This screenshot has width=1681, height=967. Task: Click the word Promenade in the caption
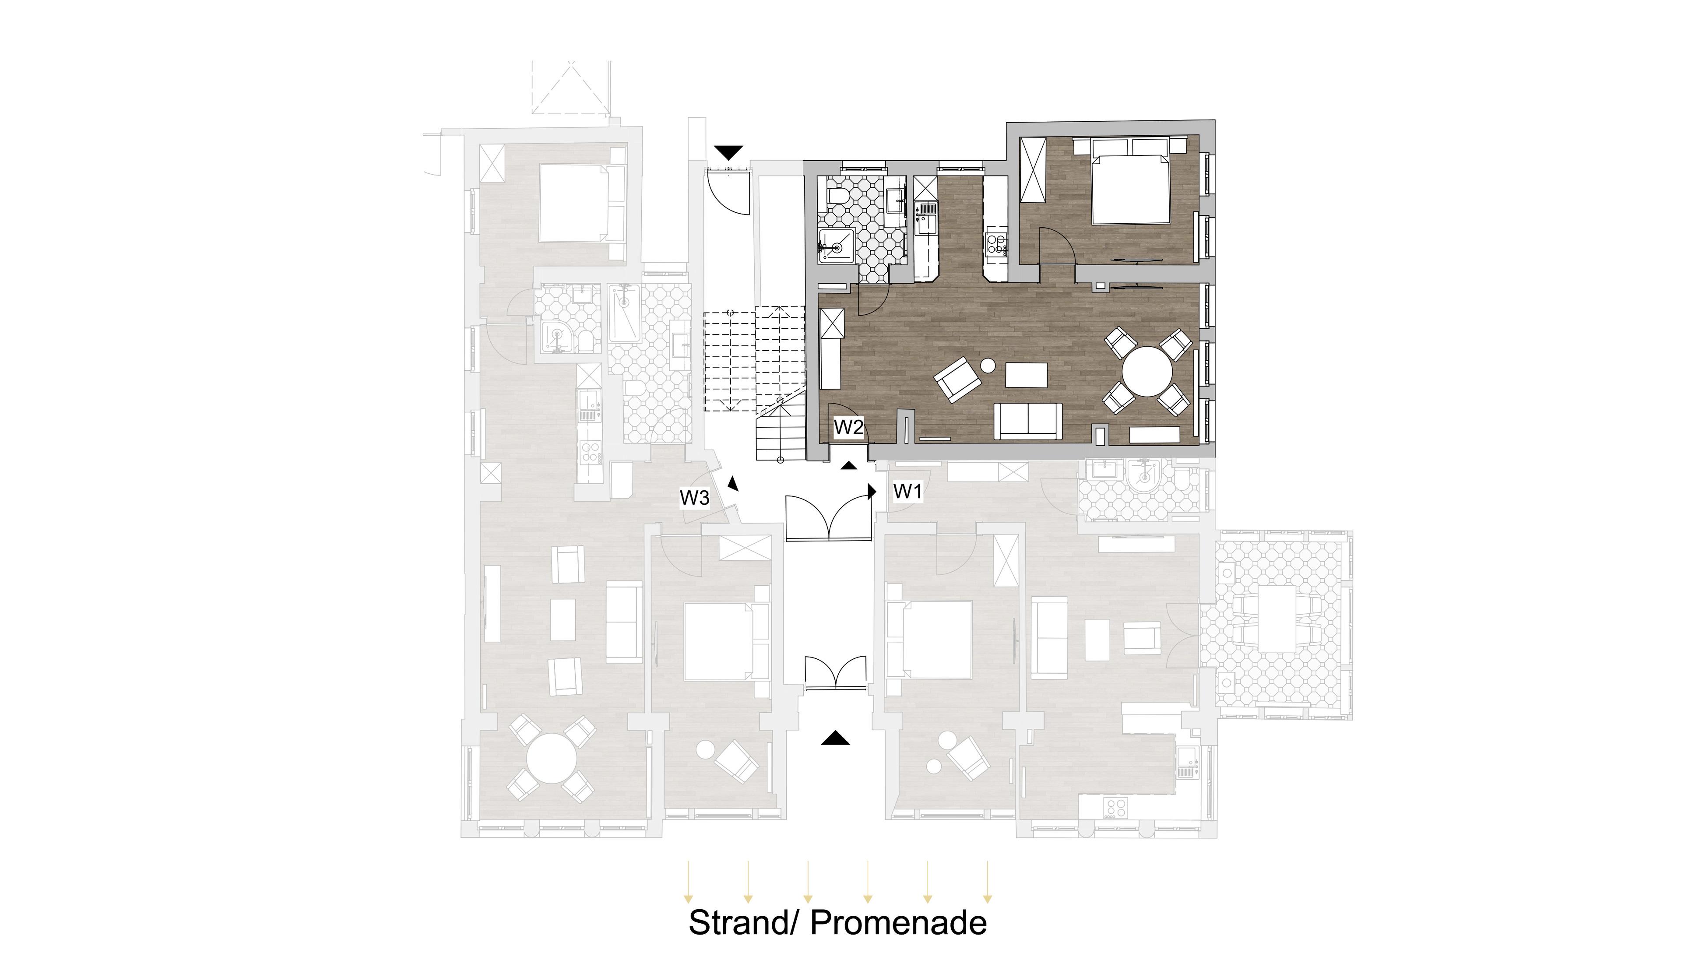point(899,922)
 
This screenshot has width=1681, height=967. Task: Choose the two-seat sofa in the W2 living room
point(1027,421)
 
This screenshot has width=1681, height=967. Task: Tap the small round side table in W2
point(988,365)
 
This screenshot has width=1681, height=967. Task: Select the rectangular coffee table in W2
point(1026,375)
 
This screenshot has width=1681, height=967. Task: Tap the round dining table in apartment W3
point(551,757)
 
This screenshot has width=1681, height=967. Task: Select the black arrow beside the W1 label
point(872,492)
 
